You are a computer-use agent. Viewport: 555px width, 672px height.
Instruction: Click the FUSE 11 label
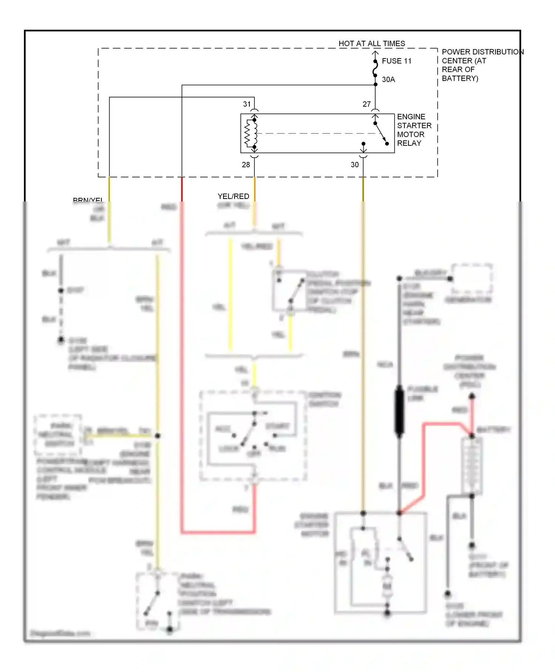[x=396, y=61]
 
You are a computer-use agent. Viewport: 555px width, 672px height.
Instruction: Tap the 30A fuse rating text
[x=388, y=80]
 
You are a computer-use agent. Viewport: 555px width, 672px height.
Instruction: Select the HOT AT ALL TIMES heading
[x=371, y=44]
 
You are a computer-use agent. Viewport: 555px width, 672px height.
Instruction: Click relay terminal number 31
[x=247, y=104]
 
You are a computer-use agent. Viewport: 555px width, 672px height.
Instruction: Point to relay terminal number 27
[x=366, y=104]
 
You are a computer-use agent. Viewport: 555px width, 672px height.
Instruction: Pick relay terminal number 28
[x=246, y=165]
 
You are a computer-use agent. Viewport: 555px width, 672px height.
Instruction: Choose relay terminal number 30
[x=354, y=165]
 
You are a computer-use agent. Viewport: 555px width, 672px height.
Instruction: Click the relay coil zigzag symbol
[x=250, y=134]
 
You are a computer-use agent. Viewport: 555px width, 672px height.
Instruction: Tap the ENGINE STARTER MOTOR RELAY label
[x=414, y=130]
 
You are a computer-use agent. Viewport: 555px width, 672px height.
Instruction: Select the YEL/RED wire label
[x=233, y=196]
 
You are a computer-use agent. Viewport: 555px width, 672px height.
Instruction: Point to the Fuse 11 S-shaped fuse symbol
[x=375, y=69]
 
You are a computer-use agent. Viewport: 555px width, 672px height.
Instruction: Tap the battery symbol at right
[x=472, y=466]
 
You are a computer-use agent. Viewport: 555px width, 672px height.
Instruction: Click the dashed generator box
[x=472, y=279]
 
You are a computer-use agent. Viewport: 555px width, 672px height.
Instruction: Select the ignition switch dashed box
[x=253, y=436]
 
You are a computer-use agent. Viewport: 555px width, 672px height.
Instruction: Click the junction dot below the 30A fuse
[x=375, y=85]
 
